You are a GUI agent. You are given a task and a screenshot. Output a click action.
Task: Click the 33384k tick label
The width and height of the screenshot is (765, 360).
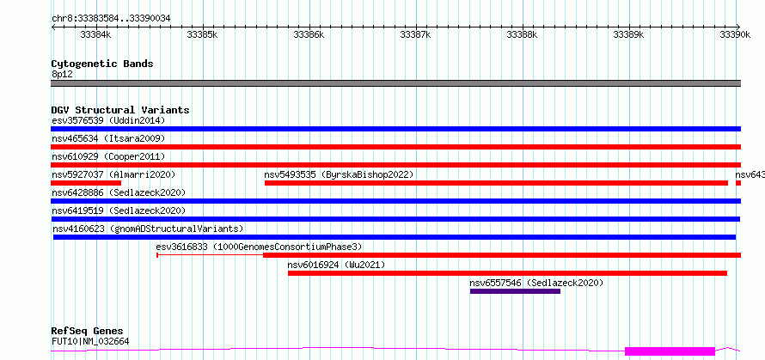click(x=95, y=34)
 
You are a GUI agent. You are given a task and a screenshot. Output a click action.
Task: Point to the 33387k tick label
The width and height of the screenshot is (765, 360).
click(x=416, y=34)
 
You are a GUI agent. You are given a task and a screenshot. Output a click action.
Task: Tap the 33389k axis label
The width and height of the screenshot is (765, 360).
click(x=629, y=34)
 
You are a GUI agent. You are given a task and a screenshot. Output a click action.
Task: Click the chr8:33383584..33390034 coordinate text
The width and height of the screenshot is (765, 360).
click(x=111, y=19)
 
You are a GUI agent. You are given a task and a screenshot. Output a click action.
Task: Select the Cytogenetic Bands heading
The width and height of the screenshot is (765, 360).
click(x=102, y=64)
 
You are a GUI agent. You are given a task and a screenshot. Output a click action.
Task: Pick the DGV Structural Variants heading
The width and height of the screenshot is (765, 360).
click(x=120, y=110)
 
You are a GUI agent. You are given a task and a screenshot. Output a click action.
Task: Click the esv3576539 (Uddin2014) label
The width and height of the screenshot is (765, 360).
click(x=108, y=120)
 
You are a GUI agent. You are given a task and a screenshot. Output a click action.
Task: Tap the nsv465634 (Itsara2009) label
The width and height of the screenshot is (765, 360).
click(x=108, y=138)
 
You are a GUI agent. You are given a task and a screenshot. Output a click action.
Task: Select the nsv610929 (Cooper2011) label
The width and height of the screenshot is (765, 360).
click(x=108, y=156)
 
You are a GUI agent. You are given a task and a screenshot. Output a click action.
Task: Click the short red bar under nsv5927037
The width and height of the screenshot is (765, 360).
click(x=86, y=183)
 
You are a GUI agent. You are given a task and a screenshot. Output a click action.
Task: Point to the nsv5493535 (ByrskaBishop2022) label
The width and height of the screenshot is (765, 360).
click(x=339, y=174)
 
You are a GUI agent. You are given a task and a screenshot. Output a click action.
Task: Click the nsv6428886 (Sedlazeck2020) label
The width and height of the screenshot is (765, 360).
click(x=119, y=192)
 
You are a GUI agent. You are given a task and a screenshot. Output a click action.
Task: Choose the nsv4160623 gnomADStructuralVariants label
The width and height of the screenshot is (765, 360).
click(x=148, y=229)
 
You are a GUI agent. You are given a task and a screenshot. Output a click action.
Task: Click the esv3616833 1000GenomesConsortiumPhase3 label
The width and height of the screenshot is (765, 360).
click(x=259, y=247)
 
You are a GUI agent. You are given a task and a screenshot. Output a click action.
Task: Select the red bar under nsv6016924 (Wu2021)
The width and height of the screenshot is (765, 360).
click(x=507, y=273)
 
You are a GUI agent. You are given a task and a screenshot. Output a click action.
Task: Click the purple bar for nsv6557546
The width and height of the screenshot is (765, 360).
click(x=515, y=291)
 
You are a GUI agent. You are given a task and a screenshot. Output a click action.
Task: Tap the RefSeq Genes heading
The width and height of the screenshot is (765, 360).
click(x=87, y=332)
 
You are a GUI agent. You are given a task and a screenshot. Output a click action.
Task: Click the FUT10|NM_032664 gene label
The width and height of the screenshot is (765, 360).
click(x=90, y=341)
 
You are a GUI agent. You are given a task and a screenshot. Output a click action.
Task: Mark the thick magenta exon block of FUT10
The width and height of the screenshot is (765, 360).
click(x=670, y=351)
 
